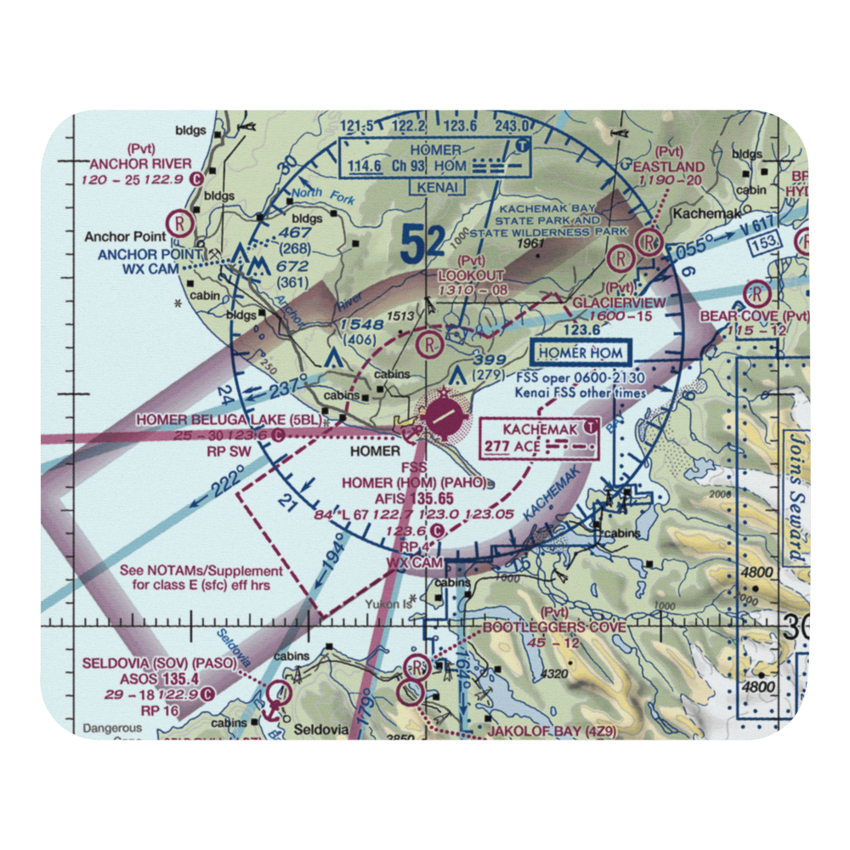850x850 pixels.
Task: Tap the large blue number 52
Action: click(422, 246)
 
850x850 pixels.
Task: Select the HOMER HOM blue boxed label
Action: click(581, 353)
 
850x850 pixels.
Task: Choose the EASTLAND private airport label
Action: click(669, 167)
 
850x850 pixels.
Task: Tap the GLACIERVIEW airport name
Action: click(619, 303)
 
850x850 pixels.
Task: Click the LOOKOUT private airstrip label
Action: click(471, 275)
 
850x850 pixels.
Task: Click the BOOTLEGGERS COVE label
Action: click(554, 627)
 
